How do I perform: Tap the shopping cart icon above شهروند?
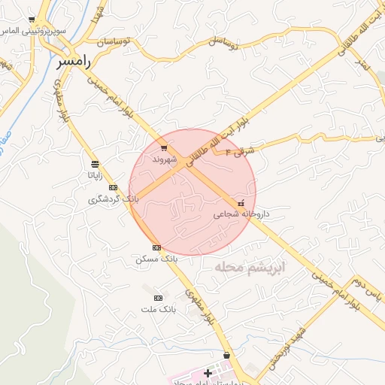coord(164,148)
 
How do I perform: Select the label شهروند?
coord(164,159)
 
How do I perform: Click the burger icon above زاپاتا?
coord(94,164)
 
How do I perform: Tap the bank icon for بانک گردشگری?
coord(113,187)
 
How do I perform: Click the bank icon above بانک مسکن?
coord(156,247)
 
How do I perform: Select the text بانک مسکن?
coord(156,258)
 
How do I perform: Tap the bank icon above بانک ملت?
coord(158,298)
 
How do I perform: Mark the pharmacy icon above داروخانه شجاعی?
coord(241,203)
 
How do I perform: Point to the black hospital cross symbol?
coord(208,373)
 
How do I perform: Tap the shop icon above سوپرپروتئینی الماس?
coord(31,20)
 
